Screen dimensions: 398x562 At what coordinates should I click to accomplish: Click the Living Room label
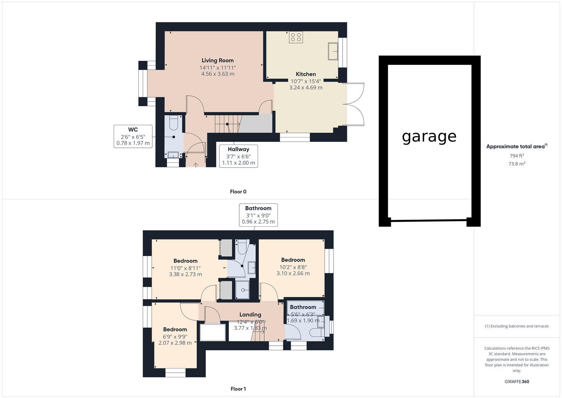[x=218, y=60]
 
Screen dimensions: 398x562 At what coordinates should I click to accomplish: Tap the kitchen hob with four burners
[x=296, y=37]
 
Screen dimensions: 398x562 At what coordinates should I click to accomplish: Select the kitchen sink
[x=333, y=51]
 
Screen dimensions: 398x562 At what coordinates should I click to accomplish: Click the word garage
[x=429, y=136]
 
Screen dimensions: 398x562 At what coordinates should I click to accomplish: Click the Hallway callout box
[x=238, y=156]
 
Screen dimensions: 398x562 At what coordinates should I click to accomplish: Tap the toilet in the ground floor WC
[x=174, y=123]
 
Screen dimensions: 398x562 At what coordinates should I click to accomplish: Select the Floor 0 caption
[x=238, y=192]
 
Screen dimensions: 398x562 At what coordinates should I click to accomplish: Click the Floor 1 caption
[x=238, y=389]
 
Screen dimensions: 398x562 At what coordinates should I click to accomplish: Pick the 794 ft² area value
[x=517, y=156]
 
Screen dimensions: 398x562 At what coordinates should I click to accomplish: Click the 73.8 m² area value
[x=517, y=164]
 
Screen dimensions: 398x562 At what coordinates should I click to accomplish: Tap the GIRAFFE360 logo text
[x=517, y=382]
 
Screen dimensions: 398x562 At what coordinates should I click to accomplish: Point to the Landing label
[x=250, y=315]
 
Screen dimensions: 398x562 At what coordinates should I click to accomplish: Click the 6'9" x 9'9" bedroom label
[x=175, y=336]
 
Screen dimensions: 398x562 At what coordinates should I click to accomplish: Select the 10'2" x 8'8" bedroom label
[x=293, y=267]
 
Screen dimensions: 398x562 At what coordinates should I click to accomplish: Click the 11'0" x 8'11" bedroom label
[x=185, y=268]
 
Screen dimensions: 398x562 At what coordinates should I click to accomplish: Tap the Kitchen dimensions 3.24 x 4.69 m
[x=306, y=88]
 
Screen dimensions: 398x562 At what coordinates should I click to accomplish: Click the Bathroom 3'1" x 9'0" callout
[x=258, y=215]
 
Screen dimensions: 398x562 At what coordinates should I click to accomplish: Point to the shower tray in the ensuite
[x=243, y=290]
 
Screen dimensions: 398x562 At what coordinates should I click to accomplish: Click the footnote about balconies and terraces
[x=517, y=326]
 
